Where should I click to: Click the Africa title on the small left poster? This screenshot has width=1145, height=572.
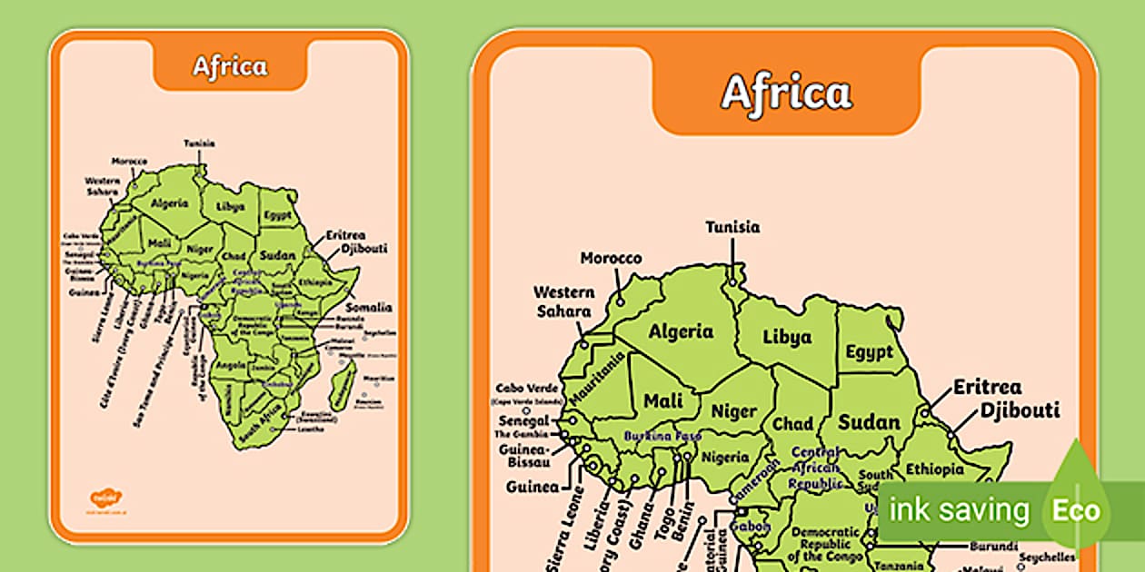[230, 66]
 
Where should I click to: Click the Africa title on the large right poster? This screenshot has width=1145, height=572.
[786, 92]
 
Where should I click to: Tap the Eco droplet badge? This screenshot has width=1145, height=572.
[1076, 509]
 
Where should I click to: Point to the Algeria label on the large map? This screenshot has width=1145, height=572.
[681, 331]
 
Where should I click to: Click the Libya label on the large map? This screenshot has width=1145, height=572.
[787, 337]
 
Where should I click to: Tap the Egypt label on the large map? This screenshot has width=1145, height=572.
[870, 351]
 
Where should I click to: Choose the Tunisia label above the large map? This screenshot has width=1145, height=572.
[732, 227]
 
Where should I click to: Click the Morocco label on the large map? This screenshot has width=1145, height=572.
[611, 258]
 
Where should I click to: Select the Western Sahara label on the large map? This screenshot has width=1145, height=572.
[563, 301]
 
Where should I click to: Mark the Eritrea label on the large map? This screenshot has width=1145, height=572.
[987, 388]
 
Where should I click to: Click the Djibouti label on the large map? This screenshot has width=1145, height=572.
[1020, 410]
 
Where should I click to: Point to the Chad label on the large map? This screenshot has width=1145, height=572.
[792, 424]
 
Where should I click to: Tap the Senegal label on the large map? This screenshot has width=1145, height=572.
[523, 421]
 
